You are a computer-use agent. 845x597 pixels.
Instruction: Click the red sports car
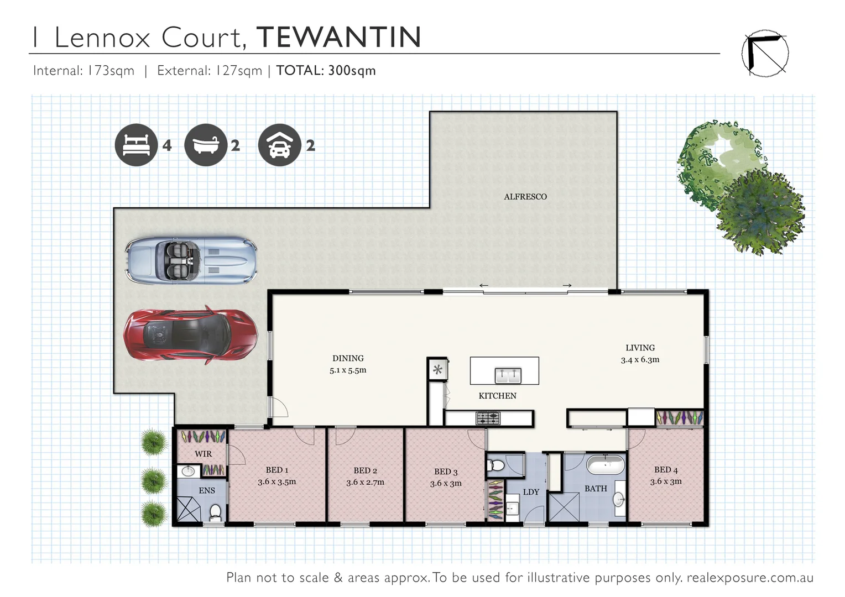[x=190, y=335]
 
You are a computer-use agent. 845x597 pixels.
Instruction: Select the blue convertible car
[x=190, y=260]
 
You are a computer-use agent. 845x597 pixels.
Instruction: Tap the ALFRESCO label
[x=525, y=197]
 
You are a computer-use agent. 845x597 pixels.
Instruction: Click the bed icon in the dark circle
[x=136, y=145]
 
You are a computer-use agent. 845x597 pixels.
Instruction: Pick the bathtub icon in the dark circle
[x=205, y=145]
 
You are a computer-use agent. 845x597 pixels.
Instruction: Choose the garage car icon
[x=279, y=145]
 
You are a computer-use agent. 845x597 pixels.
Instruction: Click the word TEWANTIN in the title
[x=338, y=38]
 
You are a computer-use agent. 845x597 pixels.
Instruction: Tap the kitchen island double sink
[x=507, y=376]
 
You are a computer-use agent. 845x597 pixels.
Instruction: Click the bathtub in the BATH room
[x=605, y=465]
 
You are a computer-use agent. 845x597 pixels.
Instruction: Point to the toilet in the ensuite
[x=215, y=512]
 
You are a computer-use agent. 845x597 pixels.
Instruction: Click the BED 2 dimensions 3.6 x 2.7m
[x=365, y=482]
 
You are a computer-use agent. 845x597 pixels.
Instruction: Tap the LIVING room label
[x=640, y=348]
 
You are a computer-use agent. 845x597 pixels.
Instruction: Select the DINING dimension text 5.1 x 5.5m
[x=348, y=370]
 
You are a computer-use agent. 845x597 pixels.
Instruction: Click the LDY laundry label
[x=531, y=492]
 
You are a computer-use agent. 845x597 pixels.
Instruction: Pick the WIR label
[x=203, y=454]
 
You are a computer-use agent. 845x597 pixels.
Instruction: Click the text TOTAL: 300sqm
[x=326, y=71]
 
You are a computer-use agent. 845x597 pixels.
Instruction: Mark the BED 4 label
[x=666, y=469]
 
